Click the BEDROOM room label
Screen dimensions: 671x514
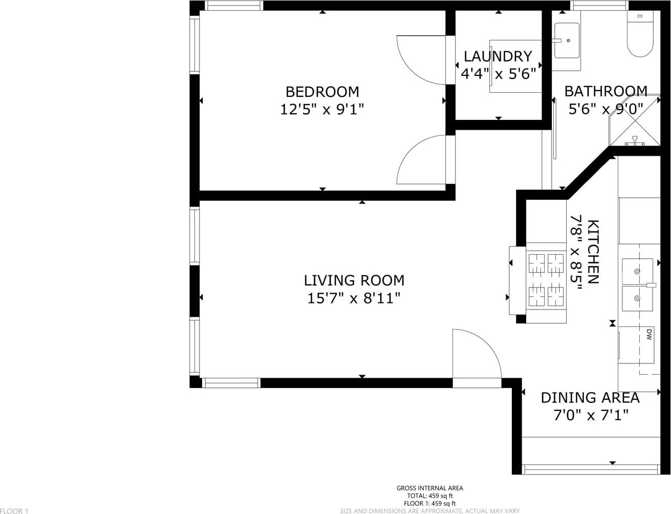pyautogui.click(x=322, y=92)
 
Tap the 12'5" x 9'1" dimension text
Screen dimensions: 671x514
pyautogui.click(x=322, y=109)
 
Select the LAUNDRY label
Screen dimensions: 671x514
pyautogui.click(x=498, y=56)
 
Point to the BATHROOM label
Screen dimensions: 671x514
pyautogui.click(x=606, y=91)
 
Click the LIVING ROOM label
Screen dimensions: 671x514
pyautogui.click(x=354, y=280)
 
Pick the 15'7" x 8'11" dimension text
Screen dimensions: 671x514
pyautogui.click(x=354, y=298)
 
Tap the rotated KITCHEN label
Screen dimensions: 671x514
pyautogui.click(x=593, y=252)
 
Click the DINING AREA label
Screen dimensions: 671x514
pyautogui.click(x=590, y=398)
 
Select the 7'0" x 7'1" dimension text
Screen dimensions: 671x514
pyautogui.click(x=591, y=415)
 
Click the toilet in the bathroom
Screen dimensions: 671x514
pyautogui.click(x=640, y=34)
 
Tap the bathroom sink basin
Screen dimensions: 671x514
pyautogui.click(x=567, y=40)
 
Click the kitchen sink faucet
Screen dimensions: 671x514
pyautogui.click(x=651, y=285)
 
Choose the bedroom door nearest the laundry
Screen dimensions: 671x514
pyautogui.click(x=421, y=60)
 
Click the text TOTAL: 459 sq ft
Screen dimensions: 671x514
pyautogui.click(x=430, y=496)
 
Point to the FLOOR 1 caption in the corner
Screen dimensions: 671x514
pyautogui.click(x=14, y=510)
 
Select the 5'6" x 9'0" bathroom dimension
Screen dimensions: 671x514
pyautogui.click(x=606, y=109)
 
